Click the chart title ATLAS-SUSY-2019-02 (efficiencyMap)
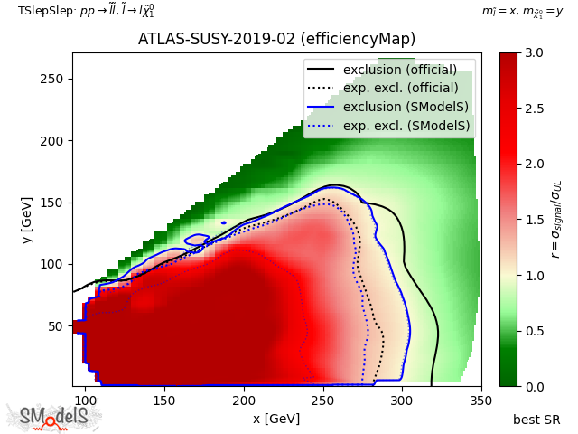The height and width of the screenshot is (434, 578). (x=276, y=39)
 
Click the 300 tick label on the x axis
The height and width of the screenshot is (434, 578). (x=402, y=401)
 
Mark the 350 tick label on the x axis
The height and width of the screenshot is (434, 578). (x=481, y=401)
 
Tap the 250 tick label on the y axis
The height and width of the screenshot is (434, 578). (x=51, y=79)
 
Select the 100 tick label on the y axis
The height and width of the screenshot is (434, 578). (x=51, y=265)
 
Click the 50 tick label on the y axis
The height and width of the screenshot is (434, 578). (x=56, y=326)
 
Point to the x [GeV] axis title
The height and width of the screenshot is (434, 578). (x=276, y=419)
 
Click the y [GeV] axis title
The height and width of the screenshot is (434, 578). (x=27, y=221)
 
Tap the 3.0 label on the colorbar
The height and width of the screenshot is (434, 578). (x=535, y=52)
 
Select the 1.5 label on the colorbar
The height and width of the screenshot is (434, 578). (x=535, y=220)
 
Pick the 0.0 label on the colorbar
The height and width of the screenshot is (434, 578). (x=535, y=387)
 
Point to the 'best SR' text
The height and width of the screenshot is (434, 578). (x=536, y=420)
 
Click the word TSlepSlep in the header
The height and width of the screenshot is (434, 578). (x=46, y=11)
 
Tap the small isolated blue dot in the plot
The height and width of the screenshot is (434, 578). (x=224, y=223)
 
